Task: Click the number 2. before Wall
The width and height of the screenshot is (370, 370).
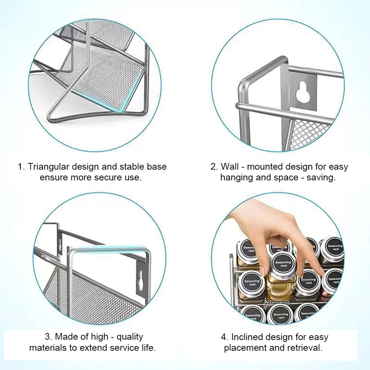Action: click(214, 166)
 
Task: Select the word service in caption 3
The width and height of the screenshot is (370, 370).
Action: click(119, 348)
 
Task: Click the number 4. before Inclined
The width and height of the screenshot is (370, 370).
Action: click(225, 337)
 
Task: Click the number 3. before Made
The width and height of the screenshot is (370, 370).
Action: click(48, 337)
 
